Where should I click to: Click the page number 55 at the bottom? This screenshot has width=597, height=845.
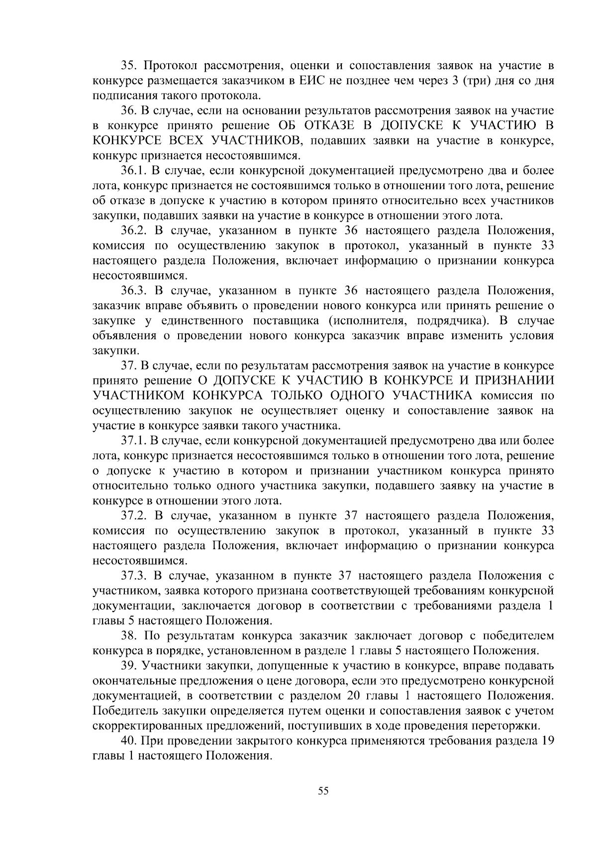click(x=323, y=791)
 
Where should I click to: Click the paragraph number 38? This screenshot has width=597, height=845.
click(x=129, y=636)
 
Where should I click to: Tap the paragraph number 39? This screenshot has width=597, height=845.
click(x=129, y=666)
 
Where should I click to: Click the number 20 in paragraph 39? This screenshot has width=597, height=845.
click(x=351, y=696)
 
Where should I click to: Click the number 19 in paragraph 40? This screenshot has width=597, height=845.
click(x=547, y=740)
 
